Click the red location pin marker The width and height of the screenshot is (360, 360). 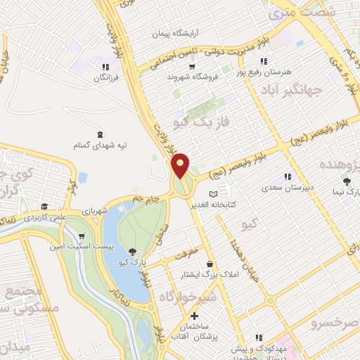click(x=181, y=165)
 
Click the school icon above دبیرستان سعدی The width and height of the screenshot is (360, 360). click(x=287, y=176)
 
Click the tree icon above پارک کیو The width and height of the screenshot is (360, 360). click(x=134, y=252)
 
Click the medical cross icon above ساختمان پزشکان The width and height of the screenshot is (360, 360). click(x=195, y=316)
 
